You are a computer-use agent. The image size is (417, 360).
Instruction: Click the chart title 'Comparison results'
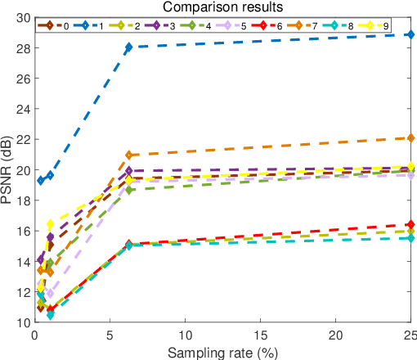click(x=222, y=7)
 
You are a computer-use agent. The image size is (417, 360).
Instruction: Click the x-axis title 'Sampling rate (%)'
click(x=222, y=352)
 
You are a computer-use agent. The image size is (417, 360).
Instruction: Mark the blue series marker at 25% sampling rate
click(x=410, y=35)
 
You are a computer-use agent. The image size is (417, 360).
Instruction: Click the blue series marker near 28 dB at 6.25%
click(x=128, y=47)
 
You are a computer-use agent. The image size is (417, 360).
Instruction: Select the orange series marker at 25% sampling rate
click(x=410, y=138)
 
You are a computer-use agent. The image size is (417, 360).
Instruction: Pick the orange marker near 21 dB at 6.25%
click(x=128, y=155)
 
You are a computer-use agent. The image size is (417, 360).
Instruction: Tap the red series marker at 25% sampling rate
click(x=410, y=224)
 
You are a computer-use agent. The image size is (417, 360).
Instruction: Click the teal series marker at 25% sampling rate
click(x=410, y=238)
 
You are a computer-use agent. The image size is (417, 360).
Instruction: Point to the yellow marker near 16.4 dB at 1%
click(x=50, y=224)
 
